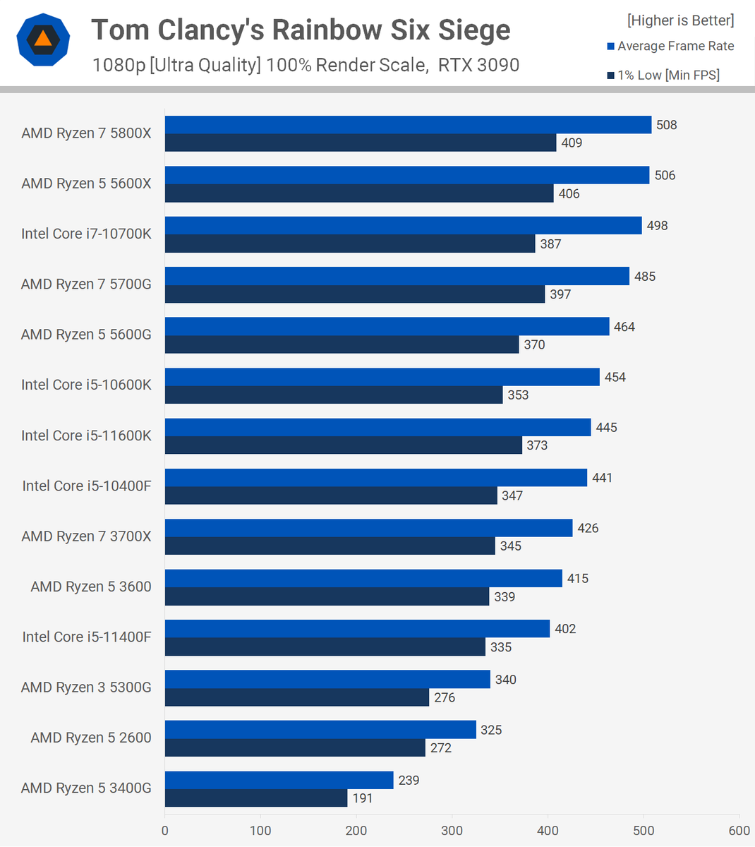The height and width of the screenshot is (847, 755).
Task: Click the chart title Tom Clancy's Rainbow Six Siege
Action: (301, 30)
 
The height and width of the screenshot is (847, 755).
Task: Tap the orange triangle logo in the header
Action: (43, 39)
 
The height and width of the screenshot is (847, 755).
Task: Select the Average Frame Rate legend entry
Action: (670, 47)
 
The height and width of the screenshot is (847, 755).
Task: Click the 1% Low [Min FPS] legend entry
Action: (663, 76)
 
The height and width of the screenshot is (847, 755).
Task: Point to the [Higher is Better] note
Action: (680, 20)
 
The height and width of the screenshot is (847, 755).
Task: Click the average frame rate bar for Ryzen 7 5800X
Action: (408, 125)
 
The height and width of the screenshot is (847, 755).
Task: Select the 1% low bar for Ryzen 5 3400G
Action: (256, 798)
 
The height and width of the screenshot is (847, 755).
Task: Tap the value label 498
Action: (657, 226)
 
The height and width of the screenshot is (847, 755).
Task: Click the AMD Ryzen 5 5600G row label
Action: (86, 335)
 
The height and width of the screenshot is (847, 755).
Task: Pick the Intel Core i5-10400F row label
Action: (86, 486)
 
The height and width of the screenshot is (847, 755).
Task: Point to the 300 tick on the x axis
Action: (452, 831)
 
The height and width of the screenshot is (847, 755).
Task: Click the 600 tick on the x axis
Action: (739, 831)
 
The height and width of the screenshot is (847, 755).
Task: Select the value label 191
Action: (363, 798)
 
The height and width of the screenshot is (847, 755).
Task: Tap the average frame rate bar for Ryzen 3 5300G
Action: (327, 680)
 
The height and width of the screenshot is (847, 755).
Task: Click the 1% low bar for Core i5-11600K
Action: (344, 445)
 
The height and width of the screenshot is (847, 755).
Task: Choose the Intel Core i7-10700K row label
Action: (86, 234)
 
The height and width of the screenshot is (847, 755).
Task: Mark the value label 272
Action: (441, 748)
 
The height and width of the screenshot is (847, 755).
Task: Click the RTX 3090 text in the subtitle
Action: (478, 66)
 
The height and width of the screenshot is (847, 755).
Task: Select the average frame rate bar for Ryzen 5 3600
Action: (363, 579)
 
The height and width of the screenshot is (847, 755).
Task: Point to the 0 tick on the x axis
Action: (165, 831)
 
